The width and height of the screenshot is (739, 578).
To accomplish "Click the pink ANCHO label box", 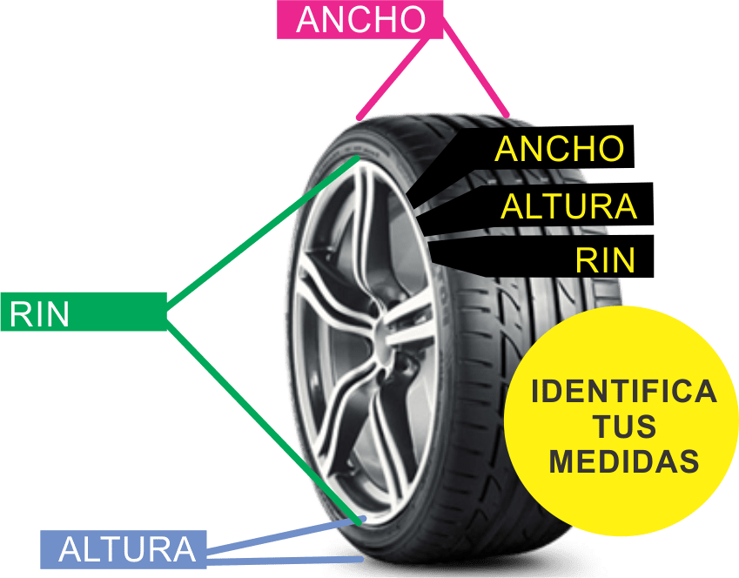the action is (359, 19).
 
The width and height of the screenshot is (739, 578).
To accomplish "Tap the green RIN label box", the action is (84, 312).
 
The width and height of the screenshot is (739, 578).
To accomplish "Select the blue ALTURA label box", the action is (124, 549).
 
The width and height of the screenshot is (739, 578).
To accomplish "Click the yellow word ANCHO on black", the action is (560, 149).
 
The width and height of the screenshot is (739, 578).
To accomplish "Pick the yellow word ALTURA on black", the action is (569, 206).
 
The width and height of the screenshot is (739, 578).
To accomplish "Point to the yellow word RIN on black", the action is (605, 259).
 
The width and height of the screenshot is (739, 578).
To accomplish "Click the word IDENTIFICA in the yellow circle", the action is (624, 392).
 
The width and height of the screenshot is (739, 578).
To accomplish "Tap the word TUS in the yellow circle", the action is (624, 427).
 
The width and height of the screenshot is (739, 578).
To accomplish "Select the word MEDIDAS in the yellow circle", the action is (624, 460).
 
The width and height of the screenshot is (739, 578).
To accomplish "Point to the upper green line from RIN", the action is (262, 234).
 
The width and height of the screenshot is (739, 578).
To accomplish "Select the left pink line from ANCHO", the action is (393, 78).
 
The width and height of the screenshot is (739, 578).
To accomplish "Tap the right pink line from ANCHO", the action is (476, 69).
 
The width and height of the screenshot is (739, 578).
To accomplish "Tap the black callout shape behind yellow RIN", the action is (542, 257).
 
